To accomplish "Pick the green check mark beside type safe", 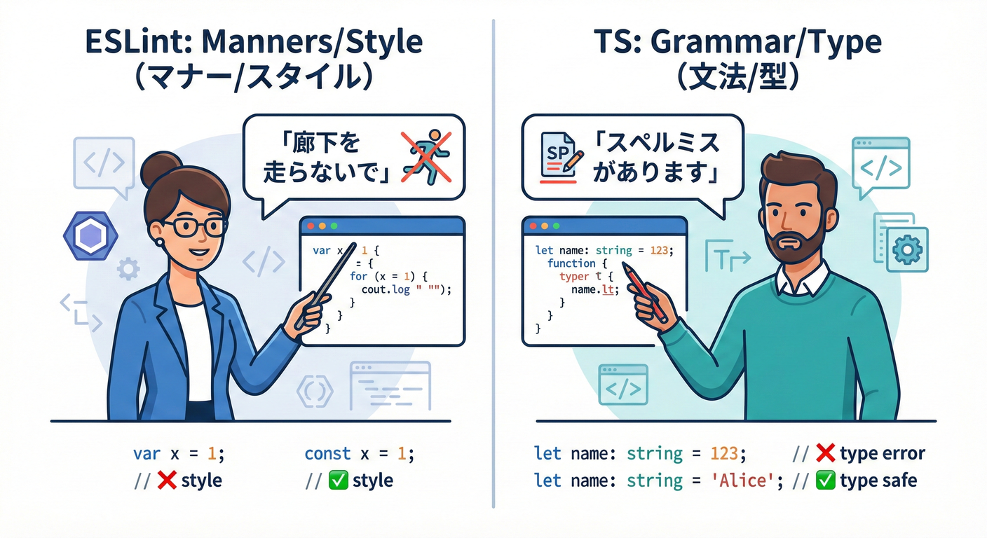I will [x=825, y=481].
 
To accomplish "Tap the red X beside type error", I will [x=825, y=453].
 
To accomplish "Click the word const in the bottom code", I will [x=327, y=453].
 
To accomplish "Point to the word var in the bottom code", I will [x=147, y=453].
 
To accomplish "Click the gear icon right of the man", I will [x=908, y=249].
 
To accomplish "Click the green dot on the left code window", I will [x=334, y=226].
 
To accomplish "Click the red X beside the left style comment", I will [x=166, y=481].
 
